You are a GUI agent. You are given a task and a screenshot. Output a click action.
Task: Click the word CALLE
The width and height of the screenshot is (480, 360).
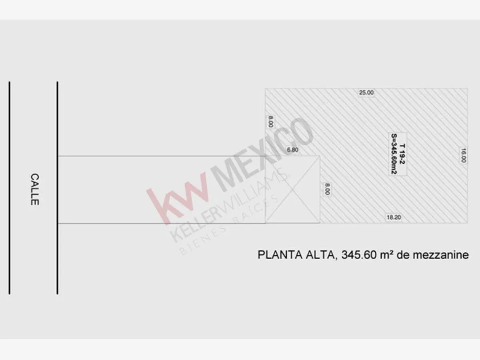click(x=34, y=190)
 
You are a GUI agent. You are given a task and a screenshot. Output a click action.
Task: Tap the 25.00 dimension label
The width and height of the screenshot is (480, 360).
click(x=366, y=93)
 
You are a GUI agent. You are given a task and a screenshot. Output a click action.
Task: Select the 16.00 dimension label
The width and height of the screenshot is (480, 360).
click(x=463, y=156)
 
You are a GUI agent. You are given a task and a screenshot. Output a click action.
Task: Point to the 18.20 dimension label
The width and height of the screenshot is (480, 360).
click(x=394, y=217)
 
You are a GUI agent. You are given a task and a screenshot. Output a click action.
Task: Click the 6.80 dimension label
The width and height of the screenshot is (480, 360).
click(x=292, y=150)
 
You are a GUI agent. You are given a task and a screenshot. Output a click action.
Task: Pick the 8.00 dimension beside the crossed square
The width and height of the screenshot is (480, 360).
click(x=327, y=189)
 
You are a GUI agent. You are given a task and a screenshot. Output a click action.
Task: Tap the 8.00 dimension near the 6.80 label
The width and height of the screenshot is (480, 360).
click(x=270, y=122)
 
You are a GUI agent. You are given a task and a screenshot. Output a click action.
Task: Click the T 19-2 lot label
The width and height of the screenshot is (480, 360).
click(x=402, y=154)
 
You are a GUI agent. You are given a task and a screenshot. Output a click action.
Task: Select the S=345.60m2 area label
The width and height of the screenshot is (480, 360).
click(x=394, y=154)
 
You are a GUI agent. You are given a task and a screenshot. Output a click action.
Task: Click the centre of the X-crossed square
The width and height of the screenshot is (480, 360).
click(x=292, y=190)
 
